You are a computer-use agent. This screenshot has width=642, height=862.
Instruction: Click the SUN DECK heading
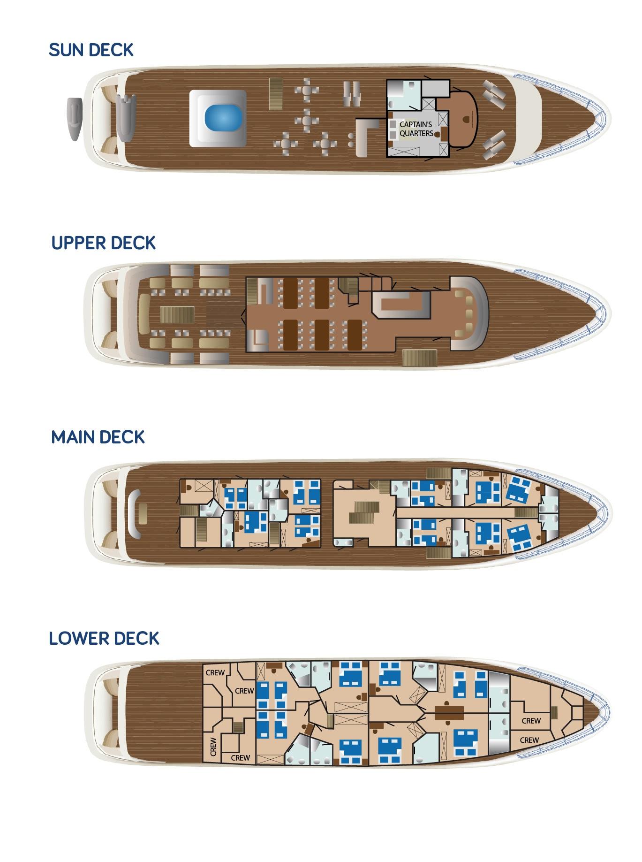(x=91, y=50)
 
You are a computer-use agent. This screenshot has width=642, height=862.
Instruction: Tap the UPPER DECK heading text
(x=103, y=243)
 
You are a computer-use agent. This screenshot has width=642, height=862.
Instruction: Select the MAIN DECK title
(x=98, y=437)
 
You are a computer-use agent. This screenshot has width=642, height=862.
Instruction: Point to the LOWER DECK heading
(x=104, y=638)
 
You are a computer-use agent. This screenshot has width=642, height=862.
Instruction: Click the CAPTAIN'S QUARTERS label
(x=416, y=129)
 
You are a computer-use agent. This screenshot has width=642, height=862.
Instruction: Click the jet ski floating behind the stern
(x=75, y=119)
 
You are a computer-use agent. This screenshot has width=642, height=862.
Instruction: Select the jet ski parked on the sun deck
(x=125, y=117)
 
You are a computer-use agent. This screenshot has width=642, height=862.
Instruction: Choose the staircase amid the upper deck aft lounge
(x=177, y=314)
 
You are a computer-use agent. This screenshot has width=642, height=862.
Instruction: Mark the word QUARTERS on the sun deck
(x=416, y=133)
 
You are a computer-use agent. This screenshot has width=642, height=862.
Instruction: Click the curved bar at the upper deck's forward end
(x=469, y=313)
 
